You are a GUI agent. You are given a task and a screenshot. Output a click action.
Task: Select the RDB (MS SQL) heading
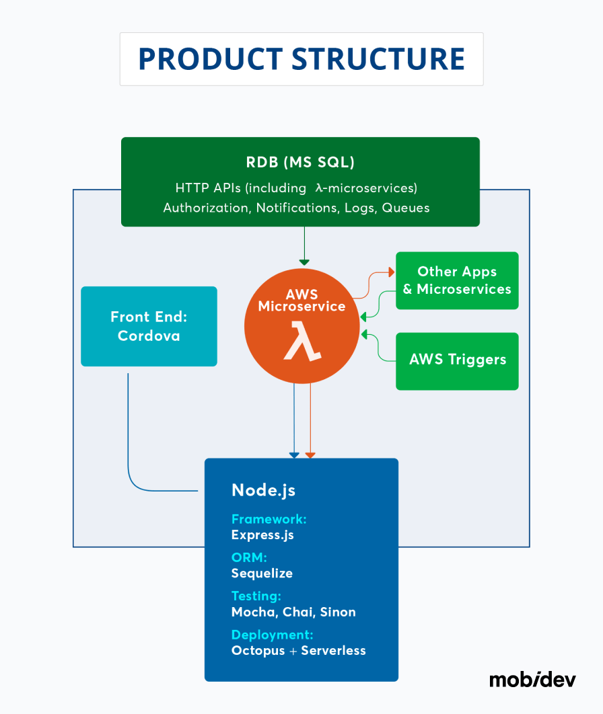click(x=300, y=163)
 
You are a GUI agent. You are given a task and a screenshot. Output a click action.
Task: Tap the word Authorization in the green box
click(x=206, y=208)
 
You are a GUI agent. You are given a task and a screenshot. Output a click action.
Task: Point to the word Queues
click(x=406, y=208)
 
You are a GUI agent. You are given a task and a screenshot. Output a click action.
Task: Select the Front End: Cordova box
click(x=149, y=326)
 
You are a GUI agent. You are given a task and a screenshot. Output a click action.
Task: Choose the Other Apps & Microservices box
click(x=457, y=280)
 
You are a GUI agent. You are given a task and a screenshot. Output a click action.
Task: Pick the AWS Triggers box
click(x=457, y=360)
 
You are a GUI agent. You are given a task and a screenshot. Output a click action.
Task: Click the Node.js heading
click(x=263, y=490)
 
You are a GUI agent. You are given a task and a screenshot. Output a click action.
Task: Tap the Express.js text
click(x=262, y=535)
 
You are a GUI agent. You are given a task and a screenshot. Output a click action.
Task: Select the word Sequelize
click(x=262, y=573)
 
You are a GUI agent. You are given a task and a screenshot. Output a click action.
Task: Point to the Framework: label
click(x=269, y=519)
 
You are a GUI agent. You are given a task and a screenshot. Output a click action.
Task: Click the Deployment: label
click(x=272, y=635)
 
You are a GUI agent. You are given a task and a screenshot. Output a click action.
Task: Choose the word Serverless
click(x=333, y=651)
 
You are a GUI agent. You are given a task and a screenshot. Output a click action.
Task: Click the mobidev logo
click(x=532, y=679)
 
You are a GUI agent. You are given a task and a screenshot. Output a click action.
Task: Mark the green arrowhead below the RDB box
click(x=304, y=262)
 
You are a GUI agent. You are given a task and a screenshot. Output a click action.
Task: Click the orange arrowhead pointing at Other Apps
click(x=391, y=272)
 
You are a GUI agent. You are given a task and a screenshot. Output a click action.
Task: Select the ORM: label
click(x=249, y=557)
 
